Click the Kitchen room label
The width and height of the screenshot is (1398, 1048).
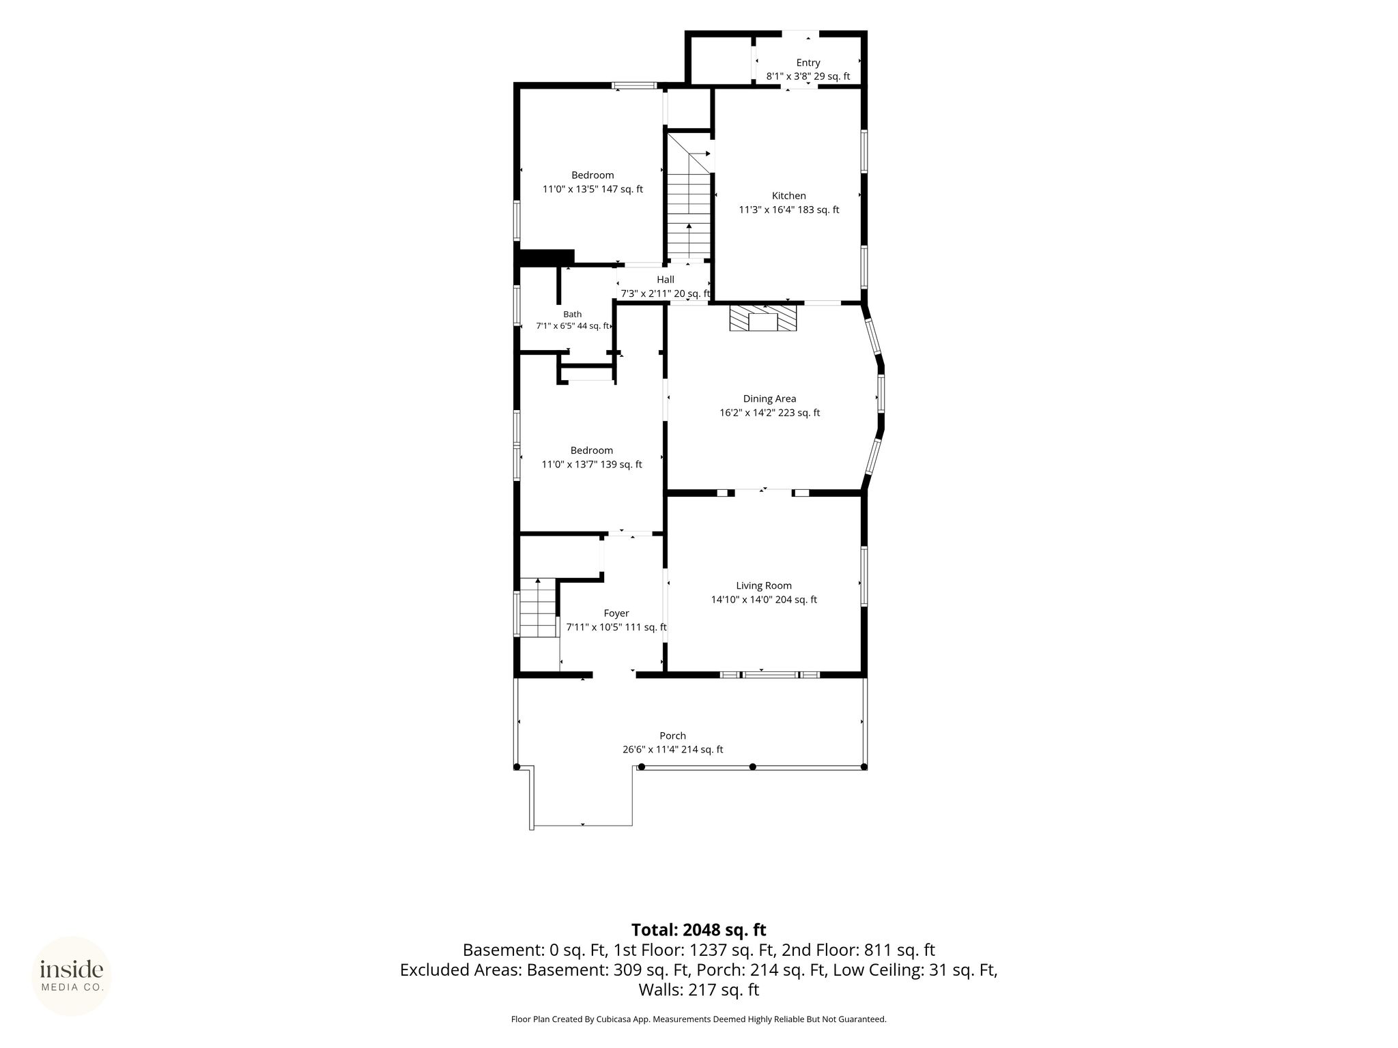(788, 196)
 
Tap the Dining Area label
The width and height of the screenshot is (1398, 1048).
(769, 398)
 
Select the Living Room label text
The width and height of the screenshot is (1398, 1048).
(764, 585)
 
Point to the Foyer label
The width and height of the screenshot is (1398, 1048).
(616, 613)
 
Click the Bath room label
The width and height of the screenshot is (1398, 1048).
(573, 315)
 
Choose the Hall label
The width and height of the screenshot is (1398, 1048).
(666, 279)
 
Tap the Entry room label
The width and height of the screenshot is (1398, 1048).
(808, 63)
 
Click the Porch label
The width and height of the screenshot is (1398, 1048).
(672, 736)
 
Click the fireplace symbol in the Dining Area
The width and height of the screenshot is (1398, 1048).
(763, 319)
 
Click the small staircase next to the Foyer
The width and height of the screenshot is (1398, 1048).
(539, 607)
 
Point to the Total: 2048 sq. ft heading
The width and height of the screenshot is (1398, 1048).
(698, 930)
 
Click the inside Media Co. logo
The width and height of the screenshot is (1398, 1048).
(72, 976)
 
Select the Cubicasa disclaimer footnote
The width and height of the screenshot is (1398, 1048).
(698, 1019)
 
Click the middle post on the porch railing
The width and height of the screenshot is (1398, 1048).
(753, 767)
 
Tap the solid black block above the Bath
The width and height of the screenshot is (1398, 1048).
(546, 257)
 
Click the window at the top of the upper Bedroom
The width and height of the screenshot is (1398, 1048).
(634, 86)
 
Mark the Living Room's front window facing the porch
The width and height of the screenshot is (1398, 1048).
(770, 675)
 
